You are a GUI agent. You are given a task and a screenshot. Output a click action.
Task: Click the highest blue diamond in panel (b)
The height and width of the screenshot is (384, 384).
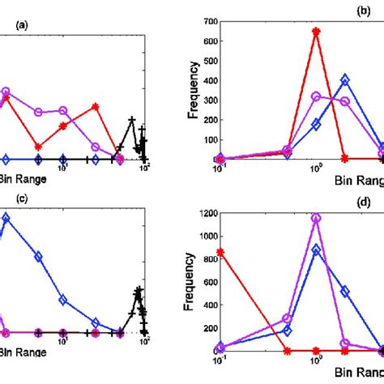(345, 80)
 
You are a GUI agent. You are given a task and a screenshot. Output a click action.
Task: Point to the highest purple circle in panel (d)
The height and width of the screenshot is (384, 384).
(316, 218)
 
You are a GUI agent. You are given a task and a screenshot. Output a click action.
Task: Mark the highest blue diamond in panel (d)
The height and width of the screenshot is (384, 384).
(316, 250)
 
